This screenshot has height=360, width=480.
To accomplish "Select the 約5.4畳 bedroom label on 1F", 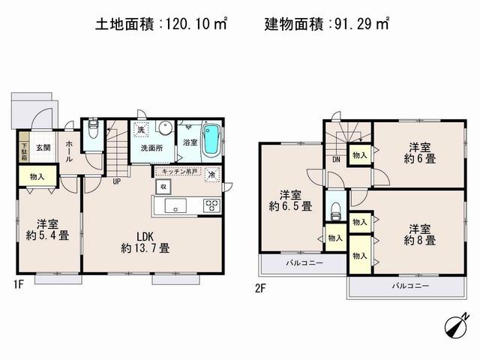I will click(x=49, y=229).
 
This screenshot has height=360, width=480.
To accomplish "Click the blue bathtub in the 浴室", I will click(x=211, y=140).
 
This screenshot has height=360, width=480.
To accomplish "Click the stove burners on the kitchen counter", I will click(x=211, y=205).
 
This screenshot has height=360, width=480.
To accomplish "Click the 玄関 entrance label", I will click(x=43, y=148).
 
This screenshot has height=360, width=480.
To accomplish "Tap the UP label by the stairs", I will click(x=117, y=181).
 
